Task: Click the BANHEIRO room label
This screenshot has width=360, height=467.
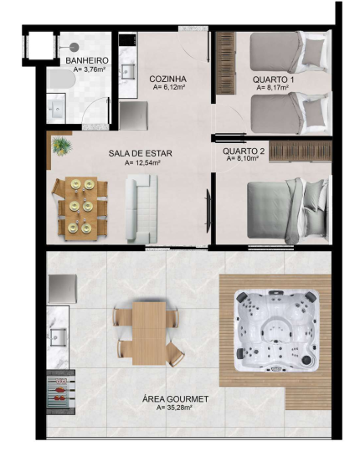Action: click(x=87, y=60)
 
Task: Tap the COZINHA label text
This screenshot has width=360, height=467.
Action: click(x=167, y=79)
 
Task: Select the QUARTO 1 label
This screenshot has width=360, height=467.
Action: click(x=273, y=80)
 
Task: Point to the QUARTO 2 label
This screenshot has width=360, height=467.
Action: click(x=244, y=151)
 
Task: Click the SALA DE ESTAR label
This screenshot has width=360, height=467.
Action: click(x=141, y=153)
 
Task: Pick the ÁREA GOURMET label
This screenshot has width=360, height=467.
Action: click(x=175, y=399)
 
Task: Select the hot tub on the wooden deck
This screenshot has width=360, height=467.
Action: click(x=276, y=331)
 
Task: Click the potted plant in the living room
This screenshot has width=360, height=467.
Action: click(x=62, y=146)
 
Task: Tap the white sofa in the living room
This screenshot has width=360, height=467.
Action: click(x=141, y=208)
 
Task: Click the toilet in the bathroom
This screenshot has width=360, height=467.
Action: click(x=61, y=79)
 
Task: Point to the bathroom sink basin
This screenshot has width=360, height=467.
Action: click(x=56, y=109)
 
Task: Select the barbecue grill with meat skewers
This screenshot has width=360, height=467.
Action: click(x=60, y=393)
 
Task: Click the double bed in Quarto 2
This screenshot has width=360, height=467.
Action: click(x=289, y=210)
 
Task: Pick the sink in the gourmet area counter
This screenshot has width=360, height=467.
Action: click(x=58, y=336)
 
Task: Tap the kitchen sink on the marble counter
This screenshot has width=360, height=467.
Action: click(x=128, y=71)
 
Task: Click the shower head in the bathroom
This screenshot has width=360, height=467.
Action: click(x=74, y=47)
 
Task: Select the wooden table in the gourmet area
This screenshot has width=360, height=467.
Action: click(x=149, y=333)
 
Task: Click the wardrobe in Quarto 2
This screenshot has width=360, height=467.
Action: click(x=300, y=151)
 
